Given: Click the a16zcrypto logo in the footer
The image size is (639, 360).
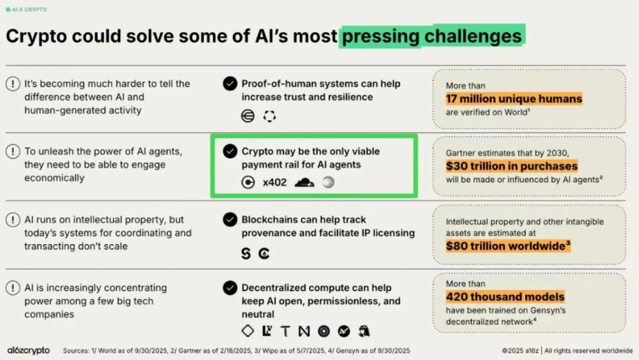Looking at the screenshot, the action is pos(29,350).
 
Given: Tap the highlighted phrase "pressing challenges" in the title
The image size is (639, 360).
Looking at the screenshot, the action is pos(432,36).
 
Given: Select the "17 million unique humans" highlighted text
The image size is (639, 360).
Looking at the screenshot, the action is pos(514,98).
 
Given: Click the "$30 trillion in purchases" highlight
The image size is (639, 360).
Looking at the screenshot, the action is pos(511,166).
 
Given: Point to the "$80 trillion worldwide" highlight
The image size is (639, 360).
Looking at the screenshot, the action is pos(508,246).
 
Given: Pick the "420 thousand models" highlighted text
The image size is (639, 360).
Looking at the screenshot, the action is pos(505,297).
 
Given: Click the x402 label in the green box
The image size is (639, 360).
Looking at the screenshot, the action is pos(274,182).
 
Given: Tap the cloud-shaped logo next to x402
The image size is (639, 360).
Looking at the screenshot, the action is pos(304,182).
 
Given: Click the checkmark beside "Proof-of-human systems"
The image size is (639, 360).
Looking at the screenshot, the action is pos(230,84).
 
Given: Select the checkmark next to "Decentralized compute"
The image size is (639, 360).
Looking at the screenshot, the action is pos(230,288).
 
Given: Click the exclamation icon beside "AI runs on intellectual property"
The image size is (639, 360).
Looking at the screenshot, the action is pos(13,220).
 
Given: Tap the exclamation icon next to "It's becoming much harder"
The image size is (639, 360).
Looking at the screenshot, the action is pos(13,84).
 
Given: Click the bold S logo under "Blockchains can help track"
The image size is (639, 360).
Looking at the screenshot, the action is pos(246,253).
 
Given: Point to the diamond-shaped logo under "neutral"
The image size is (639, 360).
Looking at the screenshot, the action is pos(248,331).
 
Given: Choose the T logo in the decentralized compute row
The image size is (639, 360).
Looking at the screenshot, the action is pos(285,331).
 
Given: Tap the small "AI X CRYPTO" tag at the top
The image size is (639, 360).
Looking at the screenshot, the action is pos(27,9).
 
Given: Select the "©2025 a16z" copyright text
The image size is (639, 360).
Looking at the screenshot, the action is pos(520,351).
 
